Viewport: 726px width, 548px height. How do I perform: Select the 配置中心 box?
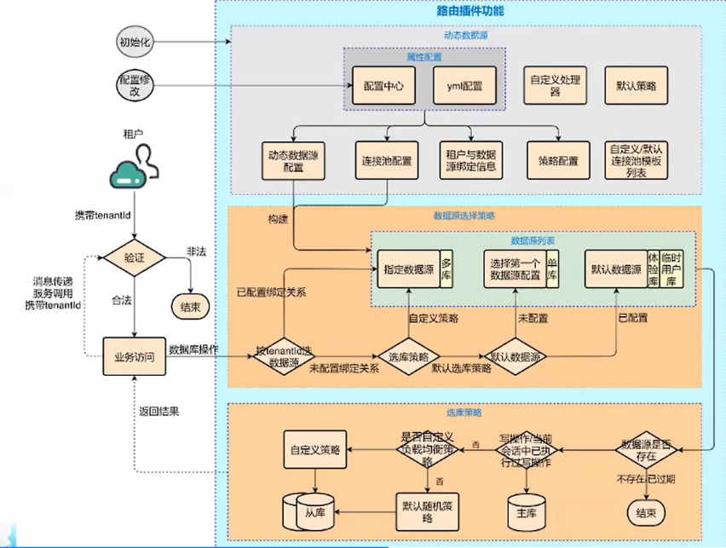pyautogui.click(x=381, y=86)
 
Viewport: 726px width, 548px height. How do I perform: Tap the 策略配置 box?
pyautogui.click(x=558, y=160)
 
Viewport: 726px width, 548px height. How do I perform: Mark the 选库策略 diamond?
pyautogui.click(x=407, y=356)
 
